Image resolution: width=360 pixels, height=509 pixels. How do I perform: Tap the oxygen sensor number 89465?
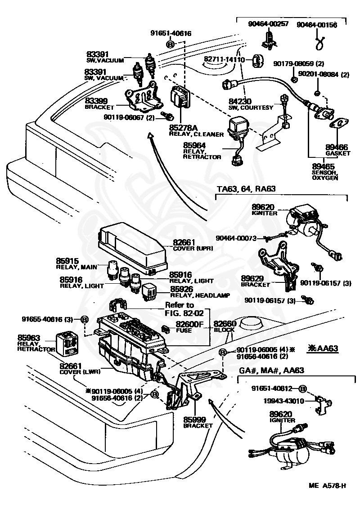[323, 167]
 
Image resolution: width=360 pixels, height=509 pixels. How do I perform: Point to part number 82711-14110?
[224, 59]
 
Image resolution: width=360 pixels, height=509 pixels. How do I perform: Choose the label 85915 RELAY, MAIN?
[76, 263]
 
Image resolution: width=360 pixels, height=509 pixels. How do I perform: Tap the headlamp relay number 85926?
[181, 289]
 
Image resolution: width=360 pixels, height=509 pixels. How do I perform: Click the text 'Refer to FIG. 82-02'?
[184, 309]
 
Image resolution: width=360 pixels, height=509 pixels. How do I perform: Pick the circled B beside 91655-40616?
[84, 319]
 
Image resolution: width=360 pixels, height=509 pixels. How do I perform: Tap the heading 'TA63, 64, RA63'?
[246, 188]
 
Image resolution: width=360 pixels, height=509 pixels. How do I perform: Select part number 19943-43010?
[283, 401]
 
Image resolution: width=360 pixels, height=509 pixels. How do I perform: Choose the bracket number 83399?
[96, 101]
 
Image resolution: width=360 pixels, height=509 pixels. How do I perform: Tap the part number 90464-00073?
[235, 238]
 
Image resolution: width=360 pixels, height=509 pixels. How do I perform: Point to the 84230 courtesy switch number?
[240, 101]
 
